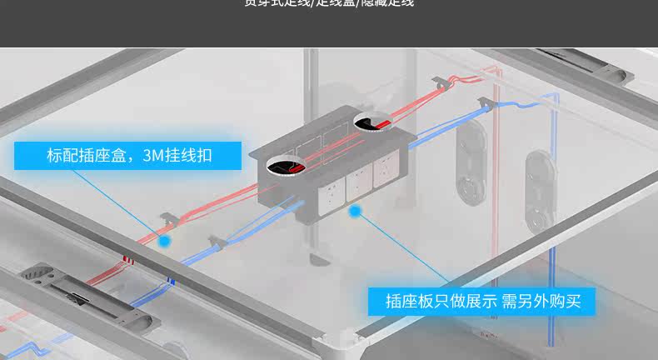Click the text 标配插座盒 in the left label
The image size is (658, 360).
[x=86, y=156]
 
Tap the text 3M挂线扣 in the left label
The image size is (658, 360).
[x=177, y=156]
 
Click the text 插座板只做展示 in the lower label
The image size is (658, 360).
[x=441, y=301]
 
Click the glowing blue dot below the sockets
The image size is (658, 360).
[x=355, y=212]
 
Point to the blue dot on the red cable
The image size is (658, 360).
[x=165, y=240]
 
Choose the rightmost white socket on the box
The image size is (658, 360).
[x=386, y=169]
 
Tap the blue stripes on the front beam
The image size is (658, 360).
[x=171, y=282]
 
